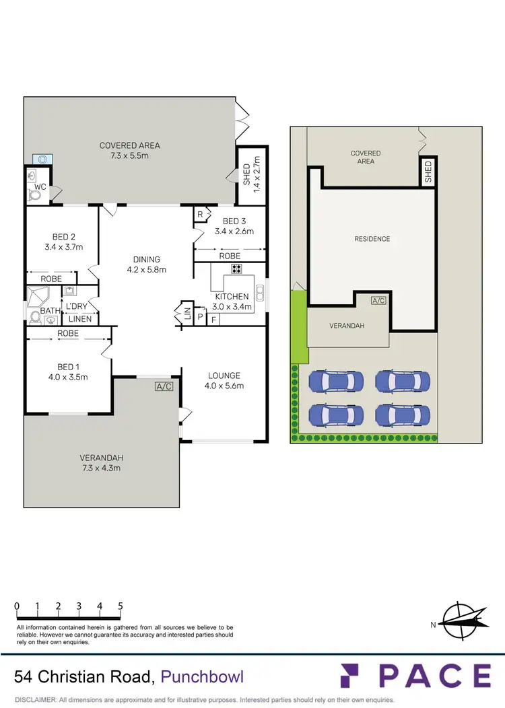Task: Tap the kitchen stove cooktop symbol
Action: pos(236,269)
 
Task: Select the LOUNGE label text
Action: pos(224,376)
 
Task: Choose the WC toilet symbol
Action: pos(34,195)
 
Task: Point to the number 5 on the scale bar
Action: pos(121,606)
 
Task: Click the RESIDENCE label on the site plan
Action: pos(372,239)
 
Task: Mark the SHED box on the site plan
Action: pos(428,172)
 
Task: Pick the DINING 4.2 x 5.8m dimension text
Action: pos(146,269)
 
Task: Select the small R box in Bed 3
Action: pos(201,214)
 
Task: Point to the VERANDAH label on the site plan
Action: pos(347,326)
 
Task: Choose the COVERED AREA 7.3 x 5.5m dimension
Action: pos(129,155)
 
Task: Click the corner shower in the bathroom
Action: pos(37,297)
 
